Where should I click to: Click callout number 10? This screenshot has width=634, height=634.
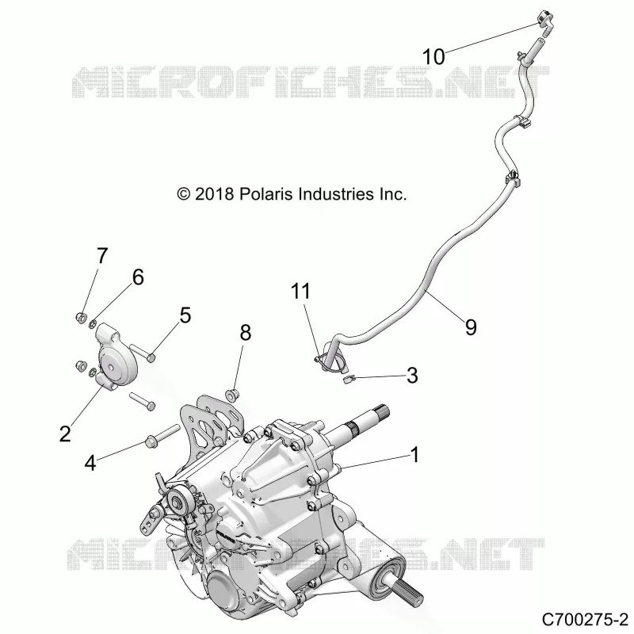point(433,56)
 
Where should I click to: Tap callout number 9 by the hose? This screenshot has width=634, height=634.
point(471,327)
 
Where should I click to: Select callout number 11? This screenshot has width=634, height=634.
point(300,291)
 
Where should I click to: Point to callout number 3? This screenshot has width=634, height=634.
point(412,376)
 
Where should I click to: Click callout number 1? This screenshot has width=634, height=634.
point(414,454)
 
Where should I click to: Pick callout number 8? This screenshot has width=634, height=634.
point(246,333)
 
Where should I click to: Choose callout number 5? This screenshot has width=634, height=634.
point(185,315)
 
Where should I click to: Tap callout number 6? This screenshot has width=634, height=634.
point(138,277)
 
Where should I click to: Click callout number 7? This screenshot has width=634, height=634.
point(102,255)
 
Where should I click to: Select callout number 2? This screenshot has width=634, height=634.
point(65,433)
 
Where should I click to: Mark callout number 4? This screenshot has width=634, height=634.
point(90,463)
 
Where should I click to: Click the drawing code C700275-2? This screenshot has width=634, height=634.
point(584,619)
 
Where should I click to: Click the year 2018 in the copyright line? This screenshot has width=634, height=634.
point(214,194)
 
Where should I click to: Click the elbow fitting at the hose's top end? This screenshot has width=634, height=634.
point(544,21)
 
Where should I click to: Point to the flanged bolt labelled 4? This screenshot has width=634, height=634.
point(162,433)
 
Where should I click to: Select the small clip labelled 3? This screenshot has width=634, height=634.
point(349,380)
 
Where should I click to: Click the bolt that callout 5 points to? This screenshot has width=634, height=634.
point(142,351)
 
